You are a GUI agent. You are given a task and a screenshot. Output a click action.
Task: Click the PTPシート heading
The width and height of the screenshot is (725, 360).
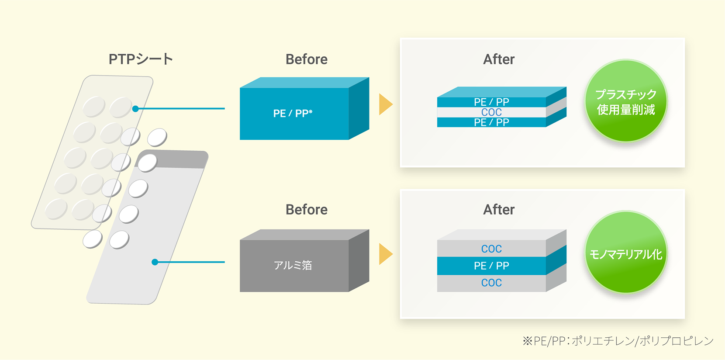pyautogui.click(x=141, y=59)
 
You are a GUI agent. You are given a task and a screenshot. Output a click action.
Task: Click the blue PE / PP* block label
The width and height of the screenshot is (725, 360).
pyautogui.click(x=293, y=113)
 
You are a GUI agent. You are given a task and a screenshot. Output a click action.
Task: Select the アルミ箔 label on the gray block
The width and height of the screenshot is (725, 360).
pyautogui.click(x=293, y=265)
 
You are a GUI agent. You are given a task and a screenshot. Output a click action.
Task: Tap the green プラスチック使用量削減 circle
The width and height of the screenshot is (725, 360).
pyautogui.click(x=626, y=100)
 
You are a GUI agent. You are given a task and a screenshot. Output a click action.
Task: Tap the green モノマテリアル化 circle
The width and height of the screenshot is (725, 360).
pyautogui.click(x=626, y=252)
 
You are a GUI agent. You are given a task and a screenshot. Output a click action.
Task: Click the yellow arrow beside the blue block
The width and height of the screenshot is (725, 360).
pyautogui.click(x=386, y=104)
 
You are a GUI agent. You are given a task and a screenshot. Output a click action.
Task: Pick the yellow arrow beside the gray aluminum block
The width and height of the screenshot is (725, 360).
pyautogui.click(x=386, y=254)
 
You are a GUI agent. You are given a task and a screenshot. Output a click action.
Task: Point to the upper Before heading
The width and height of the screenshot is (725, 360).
pyautogui.click(x=307, y=59)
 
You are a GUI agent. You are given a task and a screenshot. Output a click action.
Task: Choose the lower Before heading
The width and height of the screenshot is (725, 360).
pyautogui.click(x=307, y=210)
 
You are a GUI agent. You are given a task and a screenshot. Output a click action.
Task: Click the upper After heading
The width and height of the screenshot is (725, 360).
pyautogui.click(x=499, y=59)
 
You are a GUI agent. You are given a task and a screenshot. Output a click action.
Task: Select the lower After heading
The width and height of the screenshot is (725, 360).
pyautogui.click(x=499, y=210)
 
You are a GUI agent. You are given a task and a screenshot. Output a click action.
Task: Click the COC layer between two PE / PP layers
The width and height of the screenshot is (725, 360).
pyautogui.click(x=491, y=112)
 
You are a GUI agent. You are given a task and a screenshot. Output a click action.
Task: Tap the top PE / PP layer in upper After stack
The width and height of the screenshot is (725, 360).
pyautogui.click(x=491, y=102)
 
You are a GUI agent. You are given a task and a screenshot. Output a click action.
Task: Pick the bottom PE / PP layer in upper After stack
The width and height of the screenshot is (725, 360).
pyautogui.click(x=491, y=122)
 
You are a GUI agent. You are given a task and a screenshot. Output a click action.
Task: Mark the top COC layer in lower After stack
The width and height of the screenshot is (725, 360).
pyautogui.click(x=491, y=249)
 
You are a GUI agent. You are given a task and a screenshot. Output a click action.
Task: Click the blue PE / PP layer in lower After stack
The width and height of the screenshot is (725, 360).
pyautogui.click(x=491, y=266)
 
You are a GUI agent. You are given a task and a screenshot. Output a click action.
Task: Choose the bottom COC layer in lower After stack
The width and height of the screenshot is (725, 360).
pyautogui.click(x=491, y=283)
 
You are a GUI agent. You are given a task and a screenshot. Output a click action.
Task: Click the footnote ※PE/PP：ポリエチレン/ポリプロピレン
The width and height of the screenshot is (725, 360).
pyautogui.click(x=618, y=341)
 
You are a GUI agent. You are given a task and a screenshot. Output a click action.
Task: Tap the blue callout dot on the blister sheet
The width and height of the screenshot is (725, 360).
pyautogui.click(x=136, y=109)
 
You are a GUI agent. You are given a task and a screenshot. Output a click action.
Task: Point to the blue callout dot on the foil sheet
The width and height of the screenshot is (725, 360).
pyautogui.click(x=155, y=262)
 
